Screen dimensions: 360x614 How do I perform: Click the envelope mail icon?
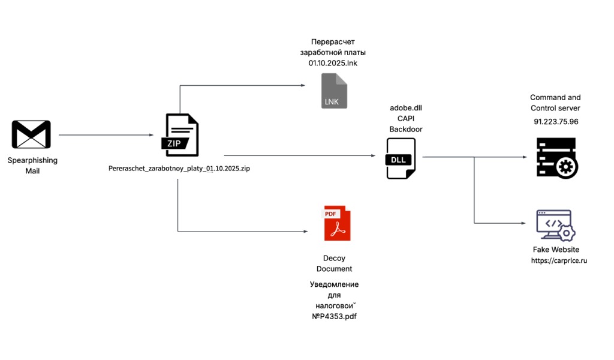click(31, 134)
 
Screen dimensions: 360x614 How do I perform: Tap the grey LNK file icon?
click(334, 91)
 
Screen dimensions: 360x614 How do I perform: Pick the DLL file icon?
click(401, 158)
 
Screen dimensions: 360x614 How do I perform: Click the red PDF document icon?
click(337, 223)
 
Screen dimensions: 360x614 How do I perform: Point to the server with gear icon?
click(556, 158)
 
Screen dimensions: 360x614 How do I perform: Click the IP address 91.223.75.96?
click(556, 121)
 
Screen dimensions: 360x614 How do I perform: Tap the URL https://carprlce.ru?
click(558, 261)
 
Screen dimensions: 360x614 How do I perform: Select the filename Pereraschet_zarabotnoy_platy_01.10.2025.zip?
click(179, 169)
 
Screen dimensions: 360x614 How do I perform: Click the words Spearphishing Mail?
click(32, 166)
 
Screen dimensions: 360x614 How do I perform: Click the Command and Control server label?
click(555, 103)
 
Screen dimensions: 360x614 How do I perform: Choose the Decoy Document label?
click(334, 263)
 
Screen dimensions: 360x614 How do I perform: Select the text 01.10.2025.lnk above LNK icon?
click(333, 63)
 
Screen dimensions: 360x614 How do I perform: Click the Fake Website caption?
click(556, 250)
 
